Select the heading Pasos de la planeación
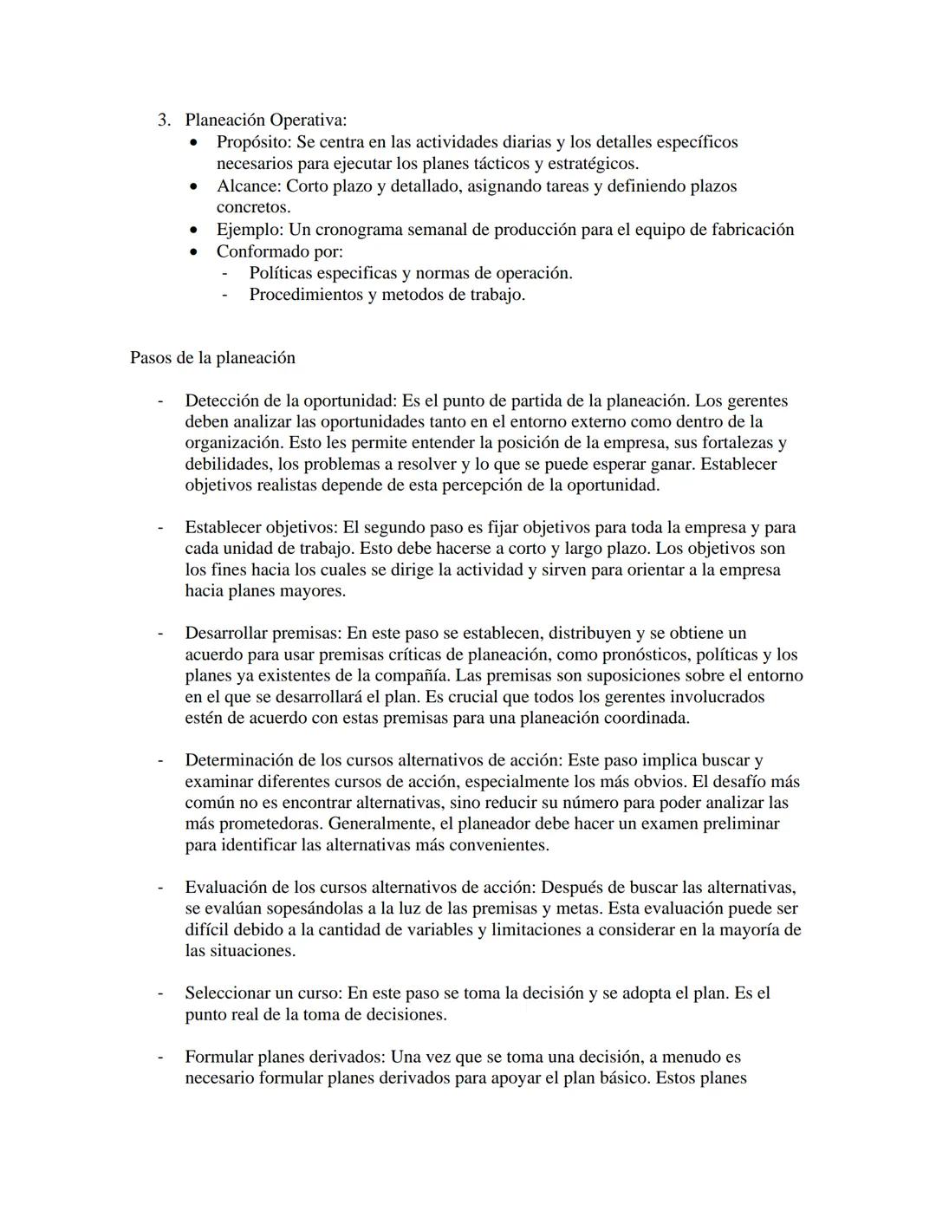click(x=212, y=358)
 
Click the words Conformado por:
click(x=279, y=251)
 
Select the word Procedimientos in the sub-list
click(x=306, y=295)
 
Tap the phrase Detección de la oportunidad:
click(x=290, y=400)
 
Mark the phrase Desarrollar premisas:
click(x=263, y=633)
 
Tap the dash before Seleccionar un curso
click(x=159, y=993)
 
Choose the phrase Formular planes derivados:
click(x=285, y=1057)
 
